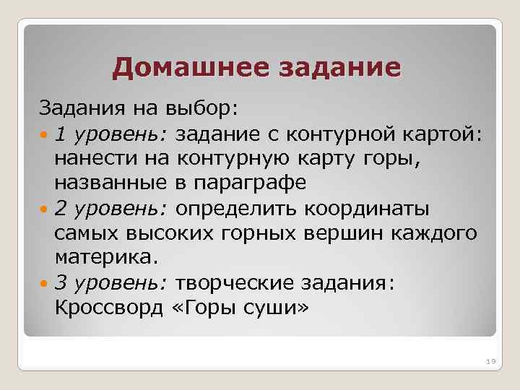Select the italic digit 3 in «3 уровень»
pyautogui.click(x=61, y=284)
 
